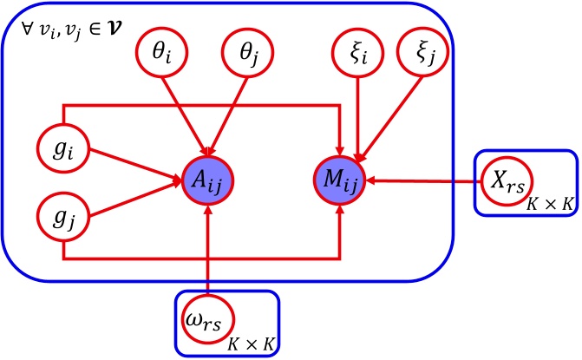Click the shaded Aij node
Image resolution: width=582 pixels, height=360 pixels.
point(209,181)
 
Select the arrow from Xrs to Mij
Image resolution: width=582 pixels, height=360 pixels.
point(425,182)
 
